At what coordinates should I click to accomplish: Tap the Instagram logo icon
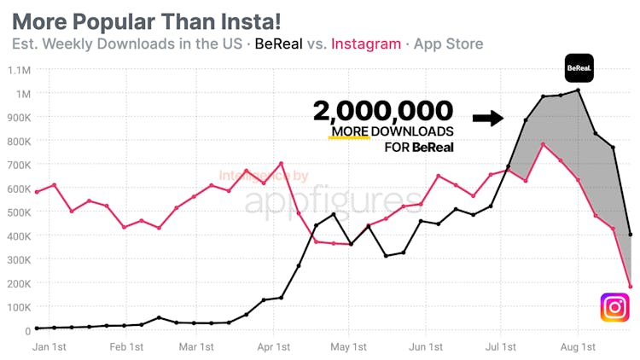(614, 307)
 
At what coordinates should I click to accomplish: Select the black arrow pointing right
(487, 118)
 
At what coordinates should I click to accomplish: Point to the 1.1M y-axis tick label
(17, 70)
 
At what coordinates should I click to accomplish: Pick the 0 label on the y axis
(27, 330)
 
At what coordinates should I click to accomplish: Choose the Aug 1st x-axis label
(578, 347)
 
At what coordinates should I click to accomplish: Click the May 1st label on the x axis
(348, 347)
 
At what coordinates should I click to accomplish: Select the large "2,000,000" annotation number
(383, 112)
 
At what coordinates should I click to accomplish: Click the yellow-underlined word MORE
(350, 131)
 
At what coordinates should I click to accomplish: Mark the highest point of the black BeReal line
(579, 90)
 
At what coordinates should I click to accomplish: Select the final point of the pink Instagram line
(631, 287)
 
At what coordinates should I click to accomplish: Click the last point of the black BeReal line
(631, 235)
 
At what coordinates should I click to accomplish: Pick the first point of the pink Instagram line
(37, 192)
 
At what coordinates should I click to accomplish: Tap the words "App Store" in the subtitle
(448, 44)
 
